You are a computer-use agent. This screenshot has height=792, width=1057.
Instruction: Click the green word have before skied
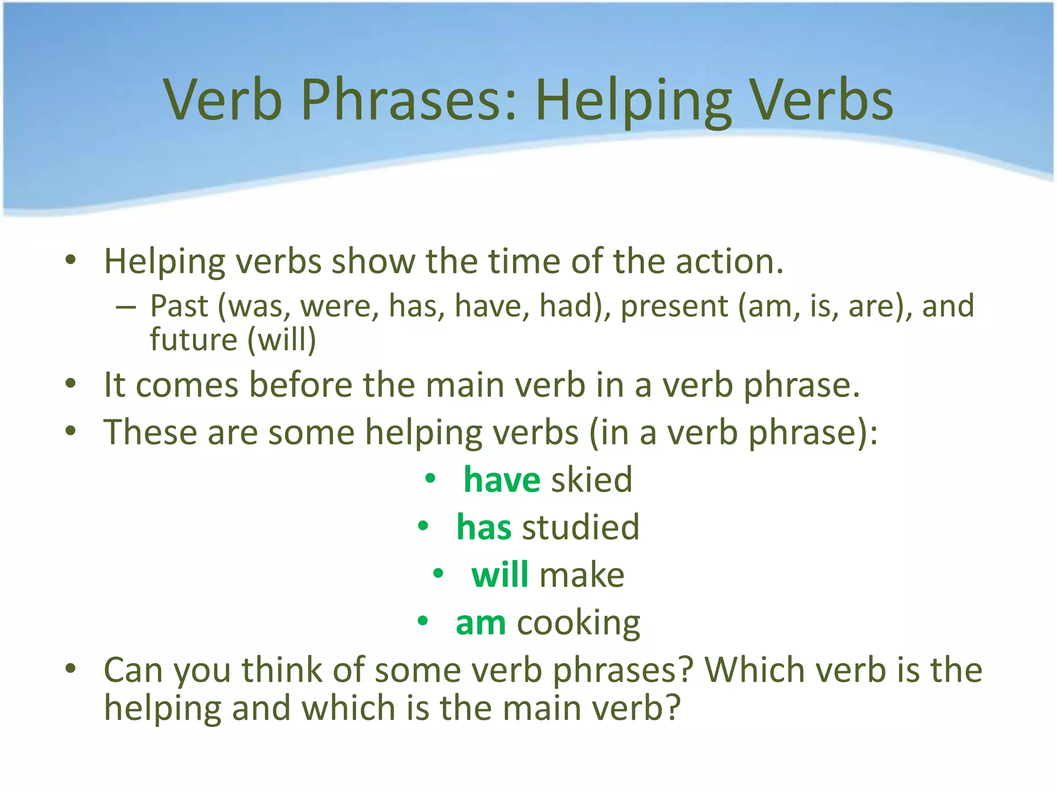click(502, 480)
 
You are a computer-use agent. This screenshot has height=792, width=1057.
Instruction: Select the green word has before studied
click(484, 527)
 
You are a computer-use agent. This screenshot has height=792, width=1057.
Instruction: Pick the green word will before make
click(500, 575)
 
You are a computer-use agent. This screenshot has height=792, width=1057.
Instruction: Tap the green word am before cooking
click(481, 623)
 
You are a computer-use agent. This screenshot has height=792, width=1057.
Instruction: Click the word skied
click(591, 480)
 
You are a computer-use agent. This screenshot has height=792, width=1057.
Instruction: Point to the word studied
click(581, 527)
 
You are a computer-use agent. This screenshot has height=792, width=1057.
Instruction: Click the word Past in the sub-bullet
click(179, 306)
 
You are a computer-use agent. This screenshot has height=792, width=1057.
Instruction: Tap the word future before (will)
click(194, 340)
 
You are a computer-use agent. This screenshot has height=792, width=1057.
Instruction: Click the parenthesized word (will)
click(282, 340)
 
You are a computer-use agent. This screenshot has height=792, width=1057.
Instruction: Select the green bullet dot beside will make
click(438, 573)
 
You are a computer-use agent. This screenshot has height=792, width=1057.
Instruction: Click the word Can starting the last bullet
click(133, 670)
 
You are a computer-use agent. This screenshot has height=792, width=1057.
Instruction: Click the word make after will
click(582, 575)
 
